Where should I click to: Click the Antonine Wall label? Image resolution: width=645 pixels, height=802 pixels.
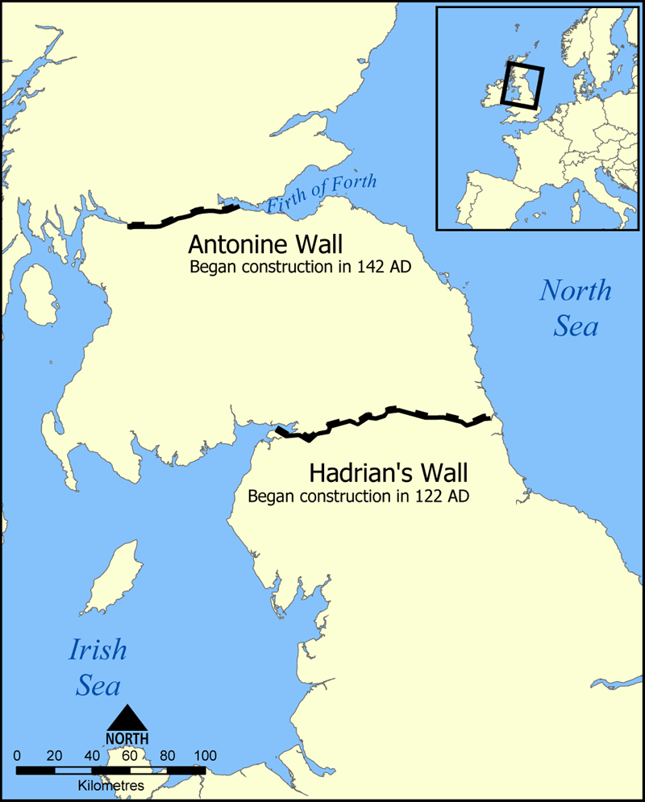point(265,244)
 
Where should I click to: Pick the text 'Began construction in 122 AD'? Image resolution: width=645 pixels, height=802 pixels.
point(359,496)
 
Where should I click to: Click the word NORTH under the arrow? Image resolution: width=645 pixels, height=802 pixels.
point(127,738)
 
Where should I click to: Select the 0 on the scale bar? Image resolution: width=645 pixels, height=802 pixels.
point(18,756)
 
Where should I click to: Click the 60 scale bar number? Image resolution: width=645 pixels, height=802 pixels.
point(130,756)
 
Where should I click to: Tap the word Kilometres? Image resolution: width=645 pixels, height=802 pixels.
point(111,784)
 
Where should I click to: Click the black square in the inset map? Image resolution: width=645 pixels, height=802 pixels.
point(522,85)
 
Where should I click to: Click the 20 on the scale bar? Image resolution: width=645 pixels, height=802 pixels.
point(55,756)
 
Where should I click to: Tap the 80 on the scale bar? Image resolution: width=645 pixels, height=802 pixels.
point(168,756)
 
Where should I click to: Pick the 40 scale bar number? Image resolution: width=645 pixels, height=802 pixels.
point(92,756)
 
